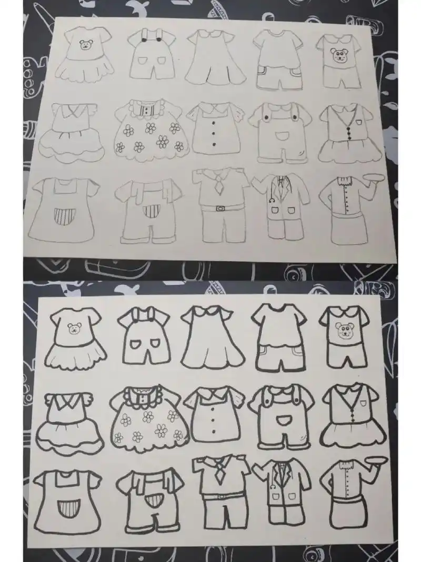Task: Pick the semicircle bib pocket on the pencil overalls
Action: click(281, 136)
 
